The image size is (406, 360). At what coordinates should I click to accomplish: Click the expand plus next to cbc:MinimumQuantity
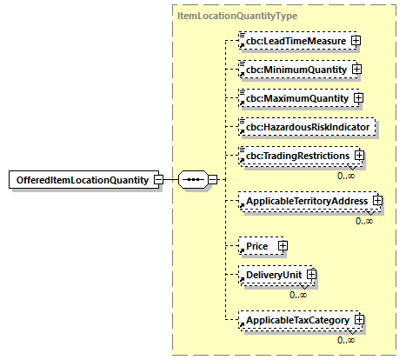(356, 69)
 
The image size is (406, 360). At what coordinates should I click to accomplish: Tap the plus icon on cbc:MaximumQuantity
(357, 97)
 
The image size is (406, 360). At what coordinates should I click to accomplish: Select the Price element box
(257, 247)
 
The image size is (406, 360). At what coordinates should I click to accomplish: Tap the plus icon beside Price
(283, 247)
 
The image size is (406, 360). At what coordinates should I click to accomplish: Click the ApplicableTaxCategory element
(296, 321)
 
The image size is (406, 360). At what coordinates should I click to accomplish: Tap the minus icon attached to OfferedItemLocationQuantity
(157, 180)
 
